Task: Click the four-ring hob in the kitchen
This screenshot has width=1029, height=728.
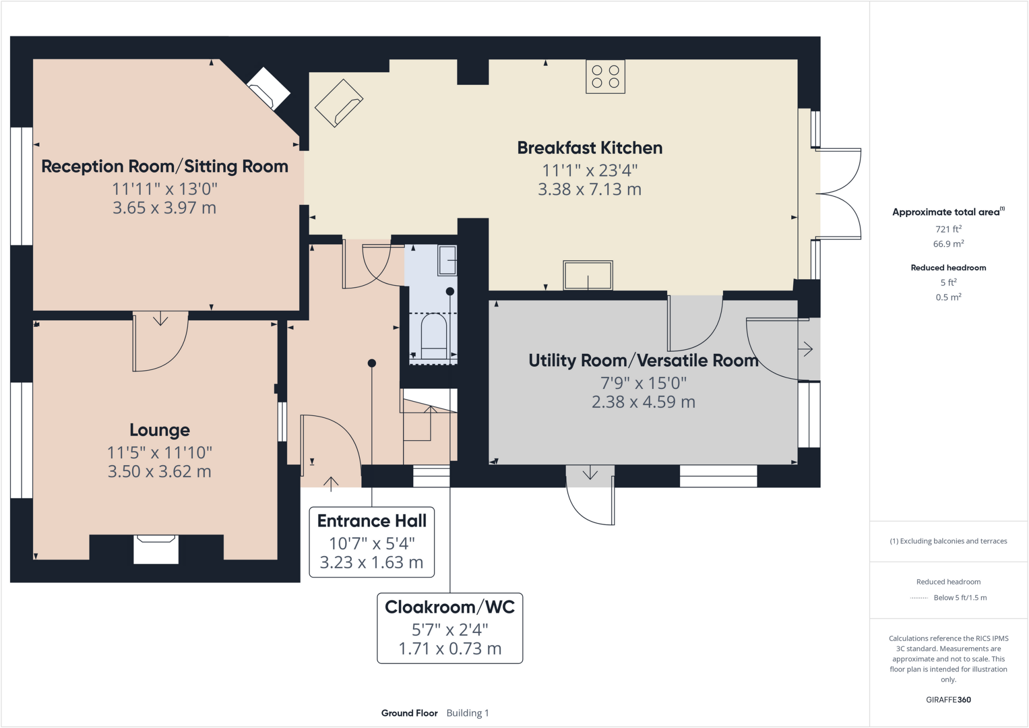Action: (605, 76)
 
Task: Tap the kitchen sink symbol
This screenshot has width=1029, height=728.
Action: (587, 275)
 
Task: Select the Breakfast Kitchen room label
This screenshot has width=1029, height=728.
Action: (589, 148)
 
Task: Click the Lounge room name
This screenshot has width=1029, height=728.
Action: (159, 430)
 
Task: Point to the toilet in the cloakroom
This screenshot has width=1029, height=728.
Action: (433, 334)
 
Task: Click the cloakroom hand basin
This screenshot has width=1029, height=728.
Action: (447, 260)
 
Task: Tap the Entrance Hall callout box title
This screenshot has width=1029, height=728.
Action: (371, 521)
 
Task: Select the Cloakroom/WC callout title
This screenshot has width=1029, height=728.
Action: (449, 607)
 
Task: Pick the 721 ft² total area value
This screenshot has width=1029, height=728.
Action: (948, 229)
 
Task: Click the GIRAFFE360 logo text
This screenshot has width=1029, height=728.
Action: (948, 699)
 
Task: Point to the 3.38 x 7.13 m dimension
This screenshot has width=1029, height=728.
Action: (589, 189)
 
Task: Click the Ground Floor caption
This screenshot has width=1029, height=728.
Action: (409, 713)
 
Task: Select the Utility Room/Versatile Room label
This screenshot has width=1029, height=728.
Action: (643, 361)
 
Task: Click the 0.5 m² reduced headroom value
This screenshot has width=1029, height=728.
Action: (948, 297)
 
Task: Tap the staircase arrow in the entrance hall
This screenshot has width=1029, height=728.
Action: (431, 422)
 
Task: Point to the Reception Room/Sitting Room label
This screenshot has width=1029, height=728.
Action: (164, 166)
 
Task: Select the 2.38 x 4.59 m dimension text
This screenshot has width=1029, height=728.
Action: (643, 402)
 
